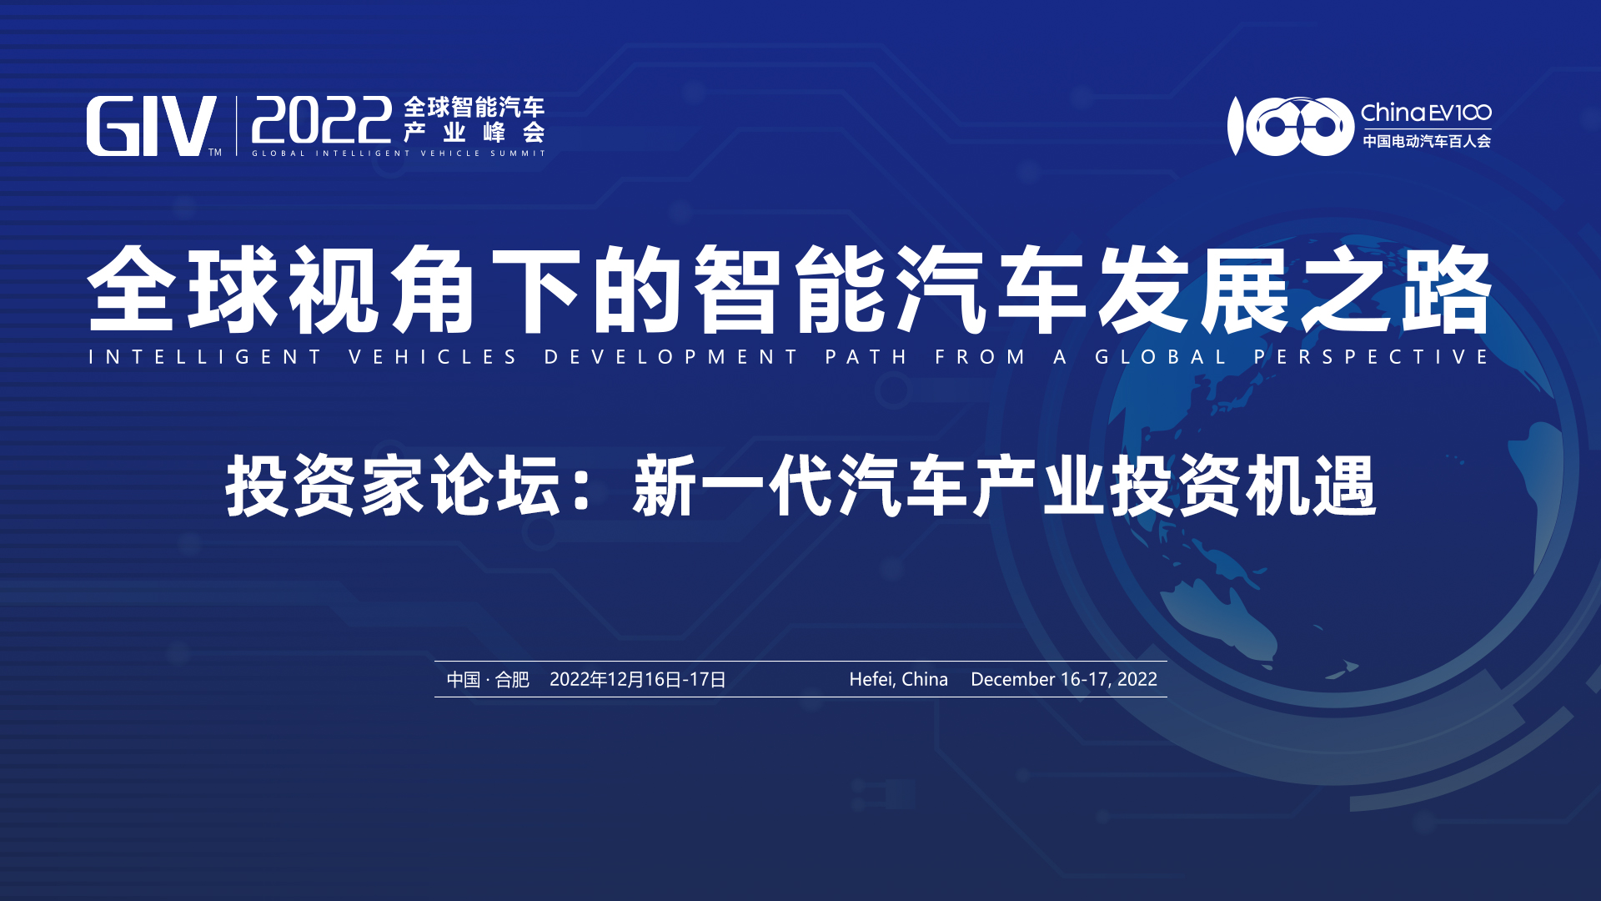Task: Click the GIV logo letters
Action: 151,126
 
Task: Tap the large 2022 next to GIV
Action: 322,120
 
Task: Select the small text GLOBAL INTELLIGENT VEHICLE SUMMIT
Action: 399,154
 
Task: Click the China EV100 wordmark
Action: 1426,113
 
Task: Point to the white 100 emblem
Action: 1290,126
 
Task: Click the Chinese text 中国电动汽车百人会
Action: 1427,141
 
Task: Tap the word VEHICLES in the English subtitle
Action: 434,357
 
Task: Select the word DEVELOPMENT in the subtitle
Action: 672,357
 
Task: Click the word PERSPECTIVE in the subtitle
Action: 1372,357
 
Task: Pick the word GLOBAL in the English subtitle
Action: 1161,357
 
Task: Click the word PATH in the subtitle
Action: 866,357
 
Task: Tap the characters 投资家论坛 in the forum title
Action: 393,486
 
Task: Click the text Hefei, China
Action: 898,679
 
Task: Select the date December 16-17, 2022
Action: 1064,679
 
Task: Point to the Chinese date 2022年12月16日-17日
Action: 638,679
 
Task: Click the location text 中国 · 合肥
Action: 488,679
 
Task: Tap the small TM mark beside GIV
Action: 215,152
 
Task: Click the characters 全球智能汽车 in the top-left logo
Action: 474,107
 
